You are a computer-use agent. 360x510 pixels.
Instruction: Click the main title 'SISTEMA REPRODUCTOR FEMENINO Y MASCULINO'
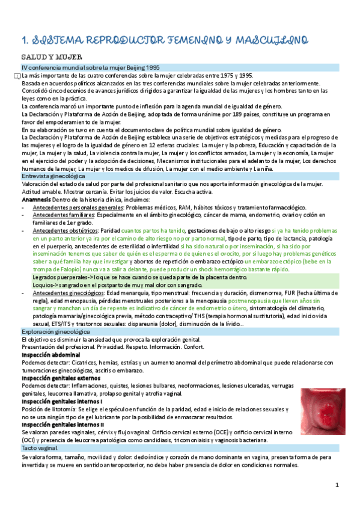pos(165,40)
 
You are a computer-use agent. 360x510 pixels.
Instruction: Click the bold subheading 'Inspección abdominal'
pos(50,355)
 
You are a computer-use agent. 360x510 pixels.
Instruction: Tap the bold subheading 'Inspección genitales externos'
pos(62,378)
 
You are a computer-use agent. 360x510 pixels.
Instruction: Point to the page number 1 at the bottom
pos(337,485)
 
